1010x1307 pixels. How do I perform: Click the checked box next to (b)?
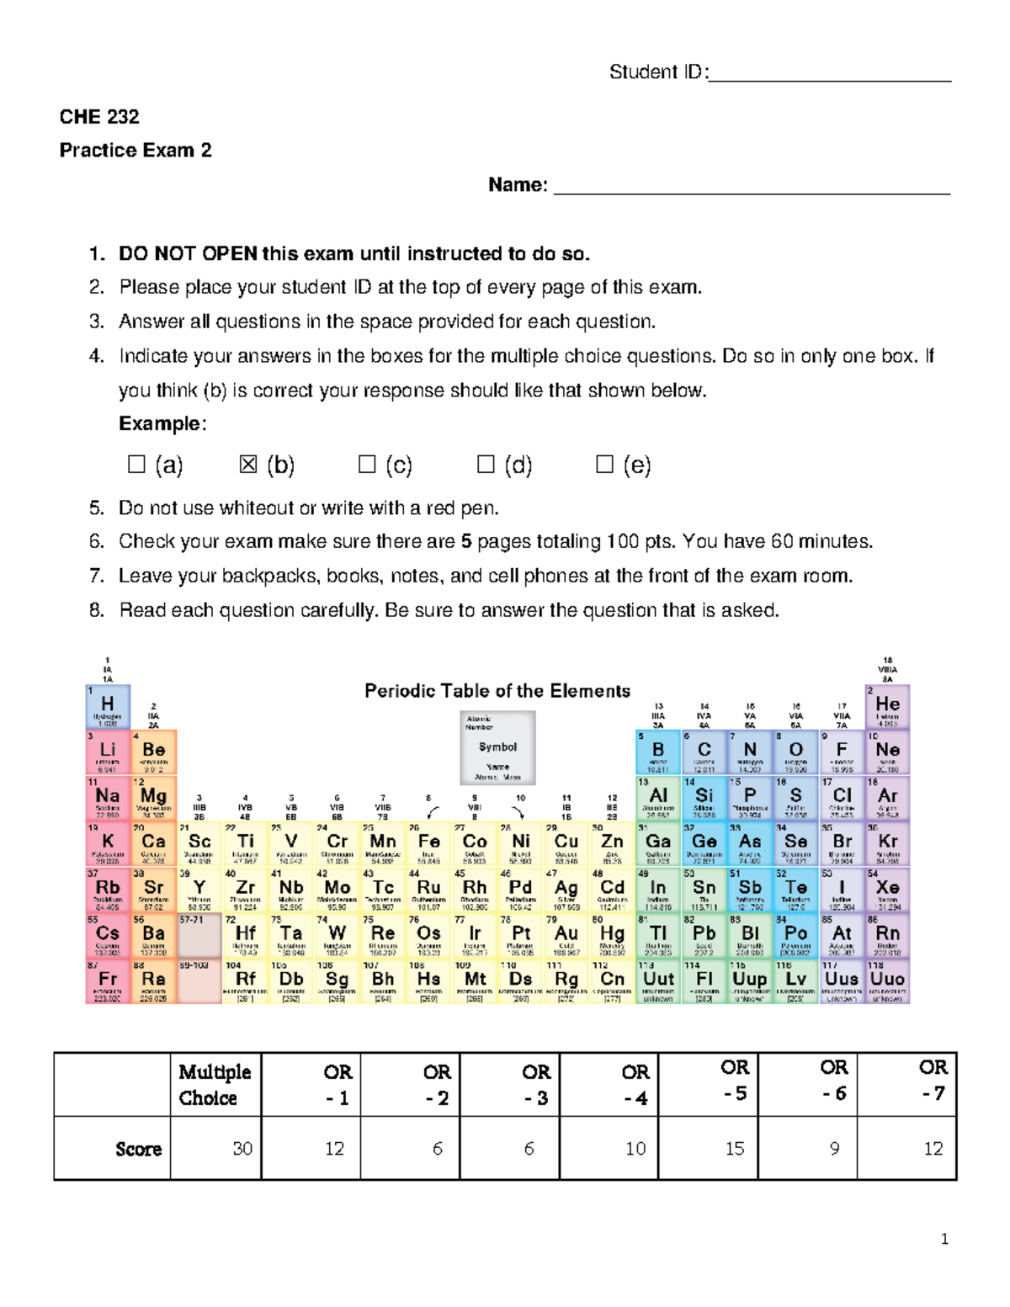tap(248, 464)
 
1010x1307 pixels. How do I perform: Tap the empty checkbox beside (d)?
tap(486, 464)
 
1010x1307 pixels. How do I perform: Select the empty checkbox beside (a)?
tap(136, 464)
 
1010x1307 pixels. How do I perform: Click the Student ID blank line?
tap(830, 77)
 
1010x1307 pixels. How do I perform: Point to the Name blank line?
tap(752, 190)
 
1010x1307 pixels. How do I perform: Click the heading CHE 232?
tap(99, 117)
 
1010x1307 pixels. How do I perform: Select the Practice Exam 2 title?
tap(136, 151)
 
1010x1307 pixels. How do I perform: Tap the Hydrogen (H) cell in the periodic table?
tap(108, 706)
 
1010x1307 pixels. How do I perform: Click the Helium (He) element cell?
tap(887, 706)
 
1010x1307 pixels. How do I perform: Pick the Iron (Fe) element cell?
tap(428, 844)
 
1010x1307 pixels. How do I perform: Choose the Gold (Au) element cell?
tap(566, 936)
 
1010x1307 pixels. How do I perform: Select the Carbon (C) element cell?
tap(704, 752)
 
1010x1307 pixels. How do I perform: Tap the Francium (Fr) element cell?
tap(108, 981)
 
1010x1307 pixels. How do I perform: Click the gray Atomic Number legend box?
tap(497, 747)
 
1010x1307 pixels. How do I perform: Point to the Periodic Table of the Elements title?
tap(497, 691)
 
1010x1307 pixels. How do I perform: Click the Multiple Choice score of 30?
tap(242, 1149)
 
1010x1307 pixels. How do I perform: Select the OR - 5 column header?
tap(734, 1081)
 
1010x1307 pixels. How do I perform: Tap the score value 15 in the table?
tap(734, 1149)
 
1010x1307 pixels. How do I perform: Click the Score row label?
tap(139, 1150)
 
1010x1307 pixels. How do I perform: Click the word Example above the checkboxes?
tap(161, 423)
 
